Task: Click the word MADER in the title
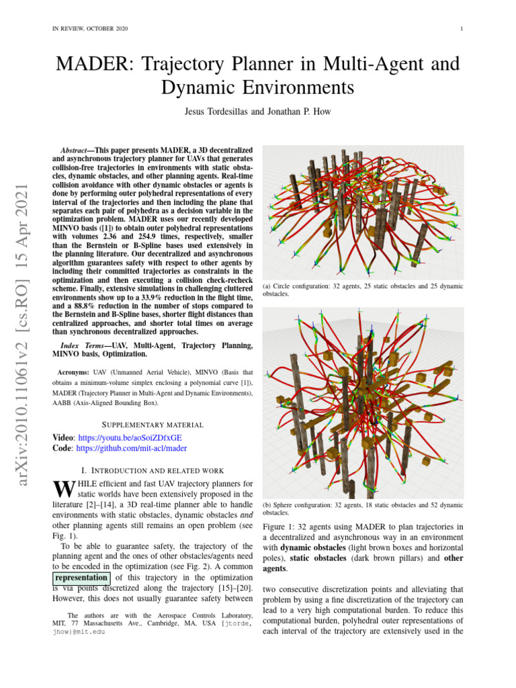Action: click(x=88, y=64)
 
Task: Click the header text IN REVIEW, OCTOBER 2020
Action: click(x=90, y=28)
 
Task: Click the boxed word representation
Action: click(x=81, y=577)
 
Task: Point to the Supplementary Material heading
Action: click(x=152, y=425)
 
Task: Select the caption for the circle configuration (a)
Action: click(x=361, y=290)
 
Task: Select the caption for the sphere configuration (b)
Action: click(x=361, y=509)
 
